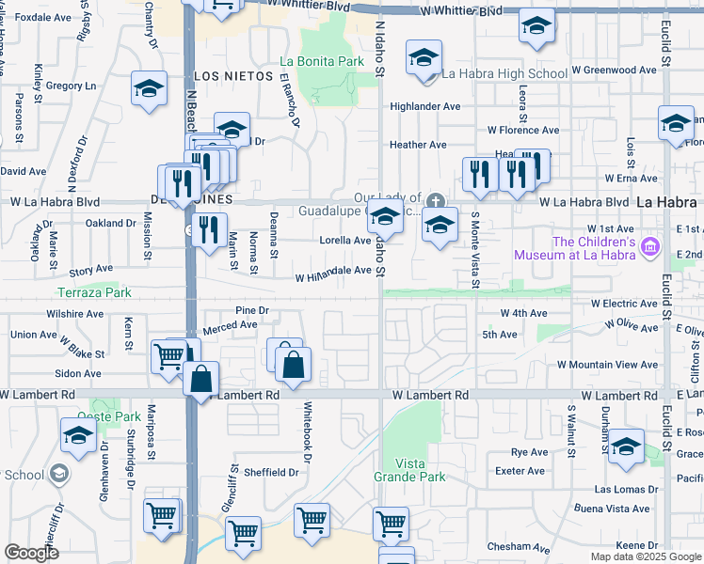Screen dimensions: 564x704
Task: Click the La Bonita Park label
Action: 322,62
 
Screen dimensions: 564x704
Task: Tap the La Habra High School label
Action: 504,73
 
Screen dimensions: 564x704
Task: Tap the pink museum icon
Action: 648,247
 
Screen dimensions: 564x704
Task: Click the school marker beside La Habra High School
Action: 424,59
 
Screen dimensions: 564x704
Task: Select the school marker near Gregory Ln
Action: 149,89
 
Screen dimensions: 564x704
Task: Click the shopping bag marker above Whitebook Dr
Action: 295,365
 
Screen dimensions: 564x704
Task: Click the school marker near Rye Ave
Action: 625,446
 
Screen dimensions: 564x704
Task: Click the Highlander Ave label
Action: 425,107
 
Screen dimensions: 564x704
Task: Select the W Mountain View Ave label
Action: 607,365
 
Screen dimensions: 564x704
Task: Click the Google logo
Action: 31,553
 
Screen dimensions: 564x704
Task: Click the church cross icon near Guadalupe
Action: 435,199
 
